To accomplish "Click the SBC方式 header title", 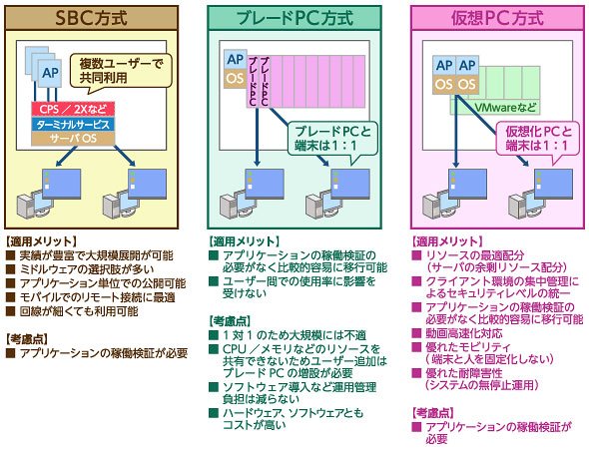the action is (x=91, y=18).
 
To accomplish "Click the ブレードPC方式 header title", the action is (x=294, y=18).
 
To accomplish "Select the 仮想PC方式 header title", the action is (x=497, y=18).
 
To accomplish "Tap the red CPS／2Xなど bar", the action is (x=73, y=109).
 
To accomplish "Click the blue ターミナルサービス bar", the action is (x=73, y=124).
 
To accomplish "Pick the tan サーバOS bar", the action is (x=73, y=139).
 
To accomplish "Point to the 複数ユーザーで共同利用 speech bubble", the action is (x=121, y=72).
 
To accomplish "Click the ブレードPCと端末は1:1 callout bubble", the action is (x=332, y=140).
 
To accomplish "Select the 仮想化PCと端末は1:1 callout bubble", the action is (x=538, y=140).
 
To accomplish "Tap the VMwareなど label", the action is (x=505, y=108).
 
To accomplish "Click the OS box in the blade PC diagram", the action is (x=236, y=79).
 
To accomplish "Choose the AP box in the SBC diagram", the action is (x=51, y=73).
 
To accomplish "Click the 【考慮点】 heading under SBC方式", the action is (x=27, y=339).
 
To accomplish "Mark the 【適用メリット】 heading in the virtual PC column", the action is (x=447, y=241).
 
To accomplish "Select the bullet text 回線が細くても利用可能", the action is (x=79, y=311).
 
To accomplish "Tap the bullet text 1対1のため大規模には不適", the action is (x=294, y=335).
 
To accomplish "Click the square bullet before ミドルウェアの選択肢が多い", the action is (x=10, y=269).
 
